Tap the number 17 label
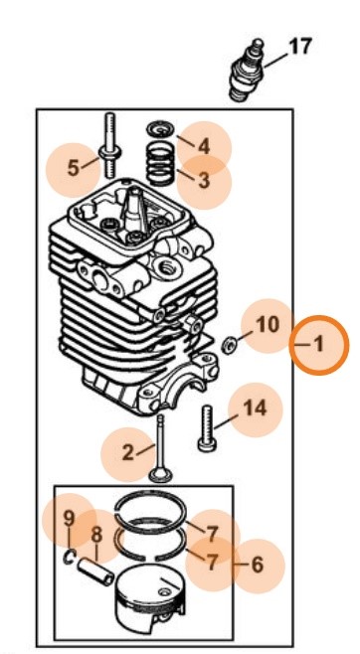pos(299,46)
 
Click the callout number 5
pos(73,167)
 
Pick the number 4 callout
pos(203,146)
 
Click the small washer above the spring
pos(158,129)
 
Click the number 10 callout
pos(268,324)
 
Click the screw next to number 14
pos(207,428)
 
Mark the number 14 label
pos(255,408)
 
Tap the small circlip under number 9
pos(72,557)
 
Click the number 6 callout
pos(257,565)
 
